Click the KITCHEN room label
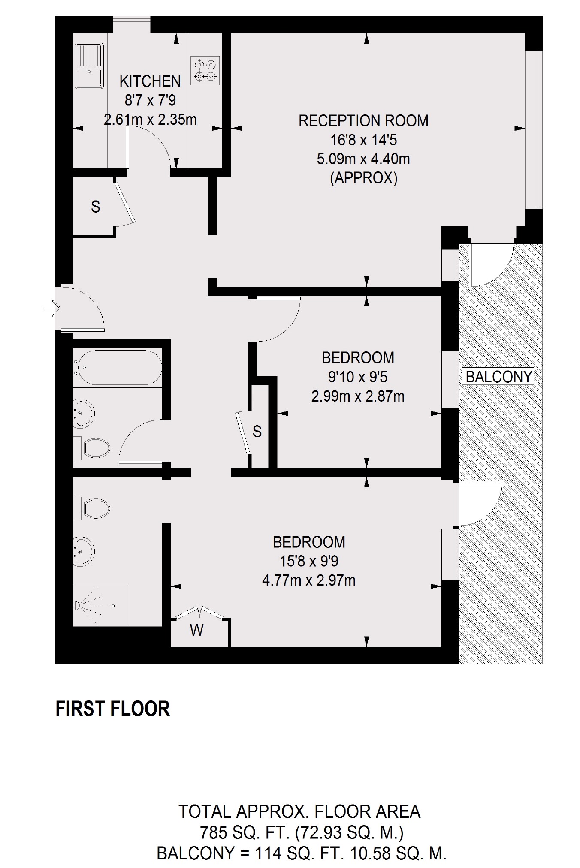(150, 81)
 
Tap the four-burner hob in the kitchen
(205, 71)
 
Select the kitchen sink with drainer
(89, 66)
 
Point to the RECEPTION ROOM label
(363, 121)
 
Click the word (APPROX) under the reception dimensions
(364, 177)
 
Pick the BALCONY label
(499, 377)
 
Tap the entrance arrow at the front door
(53, 308)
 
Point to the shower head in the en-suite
(78, 605)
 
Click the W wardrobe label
(196, 630)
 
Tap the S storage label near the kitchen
(96, 207)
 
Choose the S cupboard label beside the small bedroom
(257, 431)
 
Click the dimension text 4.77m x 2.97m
(309, 580)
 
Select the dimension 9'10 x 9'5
(358, 377)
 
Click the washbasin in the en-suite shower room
(84, 550)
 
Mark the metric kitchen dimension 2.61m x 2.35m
(150, 120)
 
